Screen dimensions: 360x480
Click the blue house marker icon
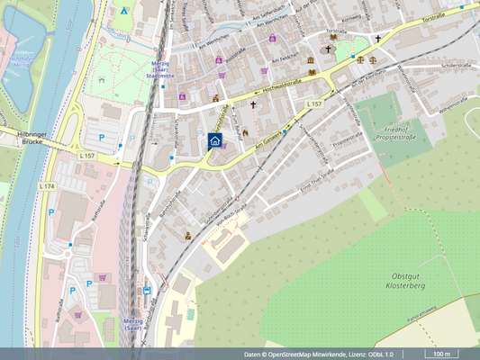coord(215,140)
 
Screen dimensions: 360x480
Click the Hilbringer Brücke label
coord(21,138)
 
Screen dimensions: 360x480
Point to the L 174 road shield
coord(47,185)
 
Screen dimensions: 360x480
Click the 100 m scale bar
coord(441,354)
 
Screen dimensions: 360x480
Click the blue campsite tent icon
coord(124,12)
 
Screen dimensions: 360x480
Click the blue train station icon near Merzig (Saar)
coord(148,291)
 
